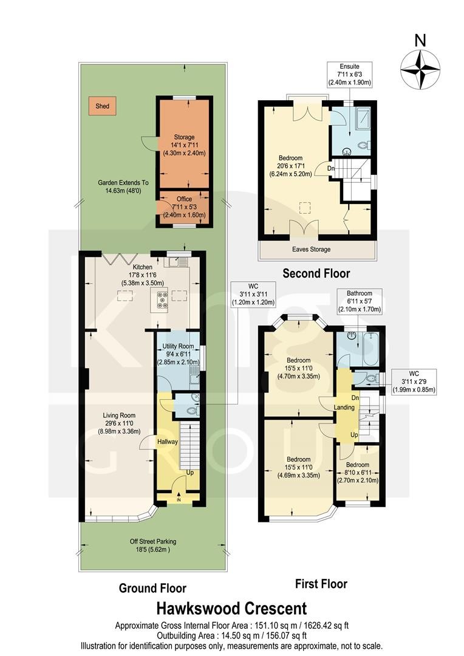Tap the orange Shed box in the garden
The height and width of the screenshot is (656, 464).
[x=102, y=106]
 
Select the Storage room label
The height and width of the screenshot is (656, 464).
[x=184, y=137]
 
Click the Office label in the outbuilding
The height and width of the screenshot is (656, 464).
[x=184, y=199]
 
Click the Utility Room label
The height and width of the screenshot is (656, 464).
[x=178, y=346]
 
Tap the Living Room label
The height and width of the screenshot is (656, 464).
[x=119, y=415]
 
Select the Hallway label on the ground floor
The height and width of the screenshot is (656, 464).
[x=168, y=442]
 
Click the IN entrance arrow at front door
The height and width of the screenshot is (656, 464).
[x=179, y=497]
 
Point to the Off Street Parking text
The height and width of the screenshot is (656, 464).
[x=152, y=541]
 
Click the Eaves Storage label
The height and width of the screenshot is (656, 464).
[x=312, y=250]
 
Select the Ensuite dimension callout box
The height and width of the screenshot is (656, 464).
[x=349, y=75]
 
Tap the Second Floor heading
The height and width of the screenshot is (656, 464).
[x=316, y=273]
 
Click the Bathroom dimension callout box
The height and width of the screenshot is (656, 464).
[x=360, y=301]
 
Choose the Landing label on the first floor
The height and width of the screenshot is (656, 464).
[x=344, y=407]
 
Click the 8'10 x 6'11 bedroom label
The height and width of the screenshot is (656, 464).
[x=358, y=473]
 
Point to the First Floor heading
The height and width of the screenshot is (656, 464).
[x=321, y=584]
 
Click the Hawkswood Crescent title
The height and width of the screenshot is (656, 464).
[x=232, y=608]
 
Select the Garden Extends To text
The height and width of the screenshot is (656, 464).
[x=123, y=183]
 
